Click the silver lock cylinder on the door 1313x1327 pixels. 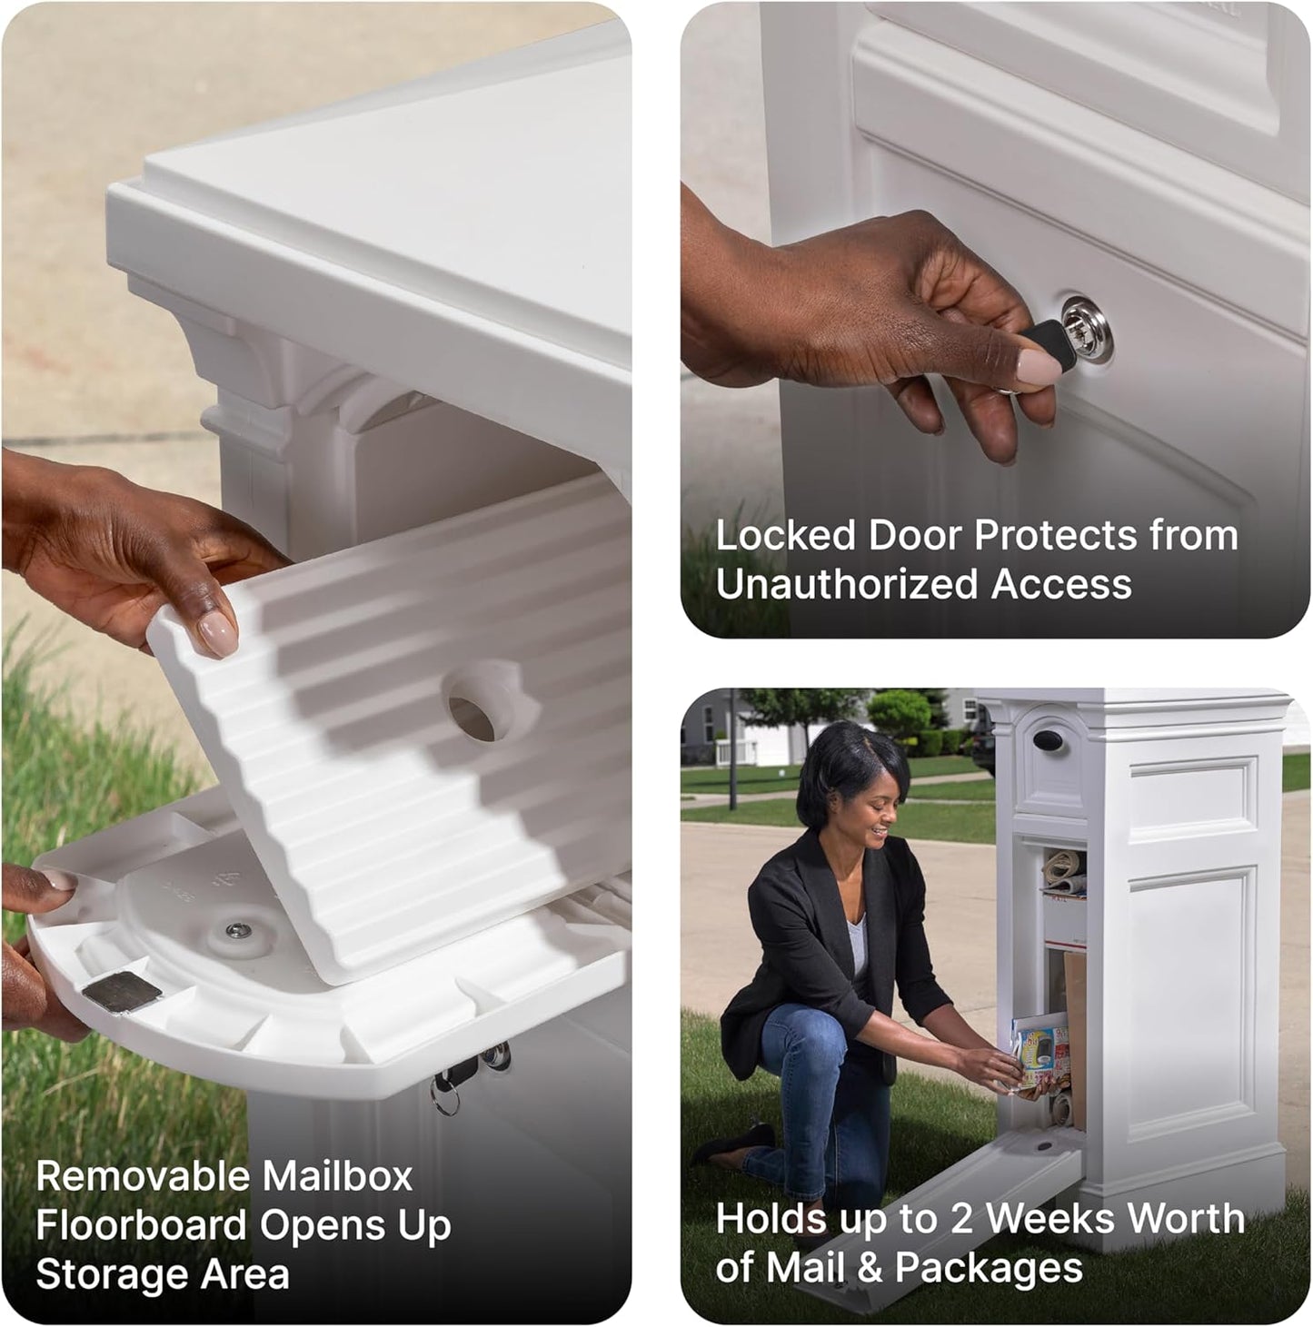(x=1088, y=328)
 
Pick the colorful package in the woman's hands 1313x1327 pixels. (x=1041, y=1055)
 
